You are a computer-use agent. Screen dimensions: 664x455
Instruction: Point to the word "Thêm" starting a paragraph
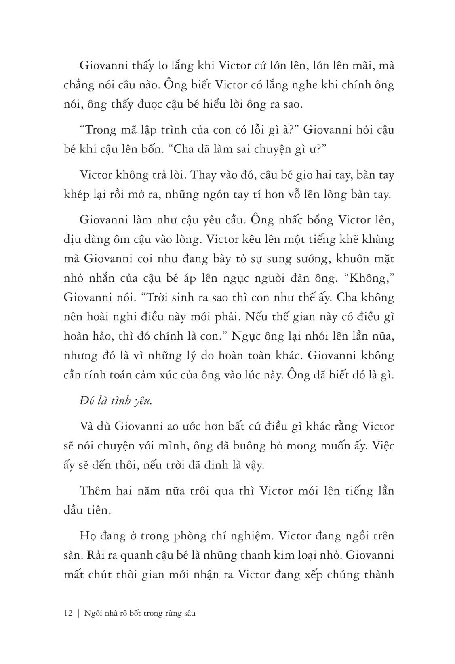tap(94, 491)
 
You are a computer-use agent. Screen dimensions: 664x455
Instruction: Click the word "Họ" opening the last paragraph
tap(87, 537)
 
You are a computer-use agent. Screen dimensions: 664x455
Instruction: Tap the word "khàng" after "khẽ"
tap(376, 240)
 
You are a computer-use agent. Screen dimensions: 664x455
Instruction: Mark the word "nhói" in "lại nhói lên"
tap(307, 336)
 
